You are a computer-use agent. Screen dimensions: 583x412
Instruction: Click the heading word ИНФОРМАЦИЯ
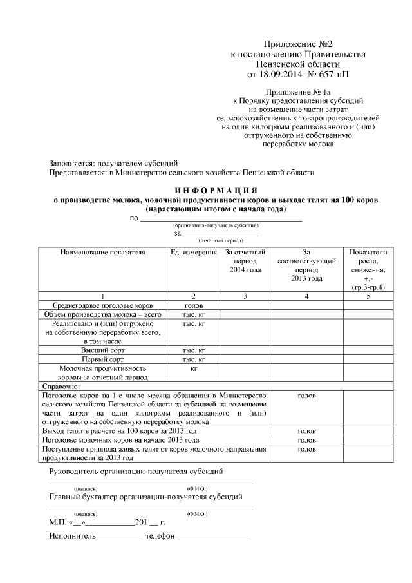[216, 191]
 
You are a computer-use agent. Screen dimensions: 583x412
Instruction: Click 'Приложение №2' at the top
[297, 44]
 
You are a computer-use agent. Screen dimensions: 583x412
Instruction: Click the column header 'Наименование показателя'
[103, 253]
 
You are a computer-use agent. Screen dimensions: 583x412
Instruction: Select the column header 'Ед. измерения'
[194, 253]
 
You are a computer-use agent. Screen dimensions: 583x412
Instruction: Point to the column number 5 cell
[368, 296]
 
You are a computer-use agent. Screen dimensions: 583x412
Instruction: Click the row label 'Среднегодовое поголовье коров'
[103, 305]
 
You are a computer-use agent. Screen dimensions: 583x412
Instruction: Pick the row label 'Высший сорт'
[103, 350]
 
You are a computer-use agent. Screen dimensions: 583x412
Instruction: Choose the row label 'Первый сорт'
[103, 359]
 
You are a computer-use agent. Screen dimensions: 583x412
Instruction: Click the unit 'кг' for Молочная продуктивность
[194, 368]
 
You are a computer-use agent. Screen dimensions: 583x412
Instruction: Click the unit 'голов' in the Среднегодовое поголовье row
[194, 305]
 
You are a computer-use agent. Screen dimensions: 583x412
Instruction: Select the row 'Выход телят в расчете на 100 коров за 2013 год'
[119, 430]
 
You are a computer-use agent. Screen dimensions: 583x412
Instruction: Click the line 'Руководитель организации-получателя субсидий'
[136, 472]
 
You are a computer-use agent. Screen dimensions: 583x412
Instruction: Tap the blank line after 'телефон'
[214, 536]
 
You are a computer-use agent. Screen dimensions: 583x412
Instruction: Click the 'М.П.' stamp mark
[58, 522]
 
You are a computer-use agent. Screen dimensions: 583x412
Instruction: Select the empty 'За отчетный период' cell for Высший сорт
[245, 350]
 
